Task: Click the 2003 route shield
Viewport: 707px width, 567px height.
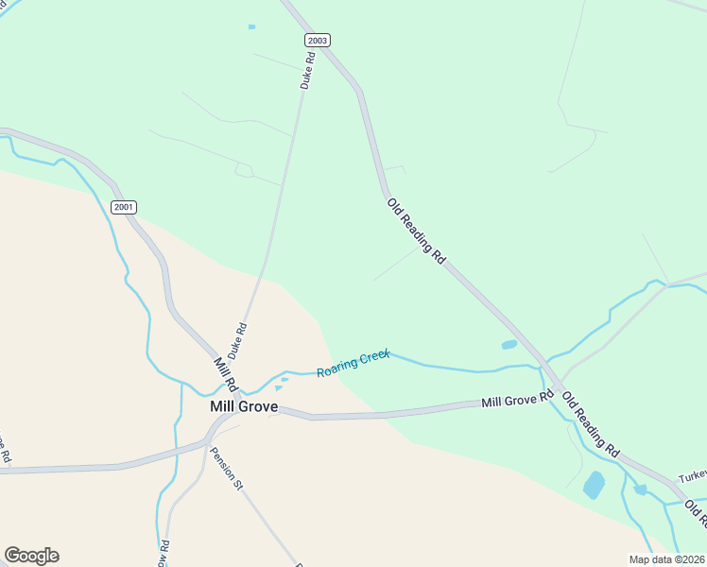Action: pos(317,40)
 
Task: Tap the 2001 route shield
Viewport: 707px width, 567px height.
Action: pos(124,207)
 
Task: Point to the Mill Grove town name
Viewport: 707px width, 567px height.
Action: pos(243,406)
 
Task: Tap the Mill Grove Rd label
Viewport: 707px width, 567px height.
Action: pos(516,401)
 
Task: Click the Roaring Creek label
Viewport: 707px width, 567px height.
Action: pos(353,363)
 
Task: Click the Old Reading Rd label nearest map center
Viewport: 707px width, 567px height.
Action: pos(417,230)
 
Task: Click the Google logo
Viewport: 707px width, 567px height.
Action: pos(31,556)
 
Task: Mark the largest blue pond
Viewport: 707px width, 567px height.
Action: pos(594,485)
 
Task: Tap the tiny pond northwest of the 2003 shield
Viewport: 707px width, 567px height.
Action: pos(251,26)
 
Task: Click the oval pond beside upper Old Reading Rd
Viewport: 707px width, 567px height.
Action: pos(509,345)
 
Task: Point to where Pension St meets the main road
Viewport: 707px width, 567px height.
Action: pos(210,439)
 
